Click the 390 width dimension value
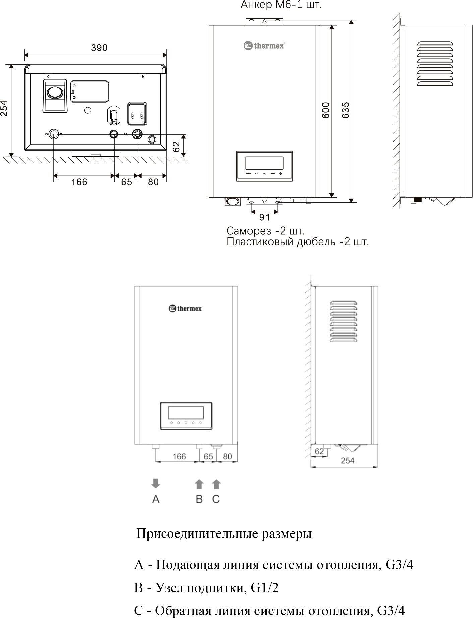(x=99, y=48)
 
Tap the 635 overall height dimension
(x=346, y=110)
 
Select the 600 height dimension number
(x=326, y=110)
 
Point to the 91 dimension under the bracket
(x=264, y=218)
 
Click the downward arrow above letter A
(x=156, y=484)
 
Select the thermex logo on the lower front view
(x=185, y=308)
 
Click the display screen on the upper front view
(x=264, y=163)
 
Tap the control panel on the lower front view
(x=186, y=416)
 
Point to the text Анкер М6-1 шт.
(x=281, y=5)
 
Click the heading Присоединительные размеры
(x=224, y=533)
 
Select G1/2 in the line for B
(x=265, y=588)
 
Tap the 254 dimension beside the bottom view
(x=4, y=108)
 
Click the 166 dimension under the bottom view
(x=79, y=182)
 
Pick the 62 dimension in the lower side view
(x=319, y=451)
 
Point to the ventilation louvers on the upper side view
(x=435, y=63)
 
